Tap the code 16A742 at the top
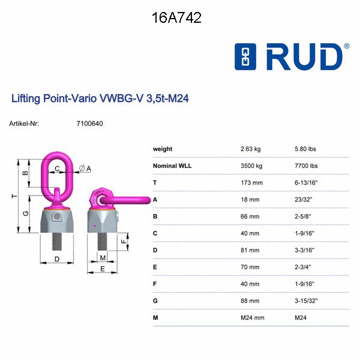coord(176,18)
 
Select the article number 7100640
coord(90,124)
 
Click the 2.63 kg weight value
coord(251,149)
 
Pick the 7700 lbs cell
coord(306,166)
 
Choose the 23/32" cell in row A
coord(304,199)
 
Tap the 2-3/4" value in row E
coord(304,266)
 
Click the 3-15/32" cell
coord(307,300)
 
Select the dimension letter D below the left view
coord(56,259)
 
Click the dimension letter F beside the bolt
coord(124,242)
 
